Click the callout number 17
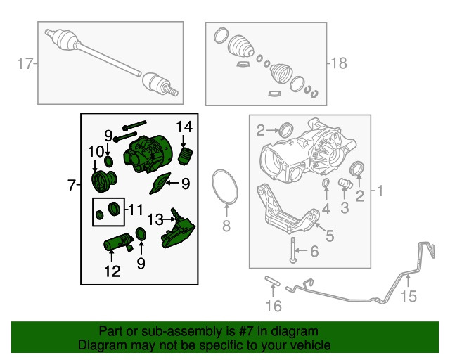pyautogui.click(x=26, y=65)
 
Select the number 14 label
pyautogui.click(x=184, y=127)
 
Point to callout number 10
pyautogui.click(x=95, y=152)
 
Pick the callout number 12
pyautogui.click(x=112, y=270)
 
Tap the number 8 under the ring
pyautogui.click(x=226, y=226)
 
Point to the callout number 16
pyautogui.click(x=274, y=306)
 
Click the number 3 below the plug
pyautogui.click(x=345, y=208)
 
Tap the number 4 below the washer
pyautogui.click(x=326, y=209)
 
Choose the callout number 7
pyautogui.click(x=72, y=186)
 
